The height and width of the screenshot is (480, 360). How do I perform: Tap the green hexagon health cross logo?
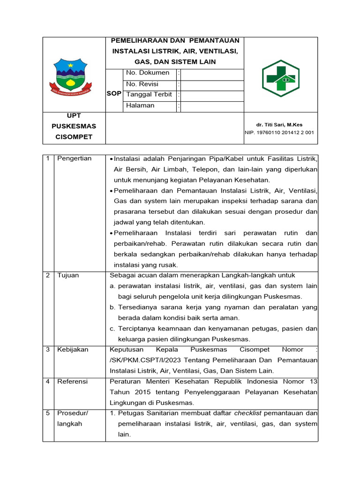click(x=280, y=78)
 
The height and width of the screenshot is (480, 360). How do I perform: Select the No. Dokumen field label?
click(x=148, y=73)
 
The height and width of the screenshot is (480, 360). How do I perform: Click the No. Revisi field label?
click(x=142, y=84)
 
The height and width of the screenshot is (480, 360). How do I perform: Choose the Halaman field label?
click(x=140, y=105)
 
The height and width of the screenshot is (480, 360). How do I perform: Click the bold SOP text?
click(x=114, y=94)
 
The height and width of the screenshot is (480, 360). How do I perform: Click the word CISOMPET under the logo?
click(x=74, y=137)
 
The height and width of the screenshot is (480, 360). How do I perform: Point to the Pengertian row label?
click(x=75, y=158)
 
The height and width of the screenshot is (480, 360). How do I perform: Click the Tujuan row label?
click(x=68, y=275)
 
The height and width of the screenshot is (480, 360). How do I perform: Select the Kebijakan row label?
click(x=73, y=350)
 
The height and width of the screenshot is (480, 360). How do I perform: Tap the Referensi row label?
click(x=73, y=382)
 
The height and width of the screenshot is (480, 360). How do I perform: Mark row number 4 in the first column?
click(x=48, y=382)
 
